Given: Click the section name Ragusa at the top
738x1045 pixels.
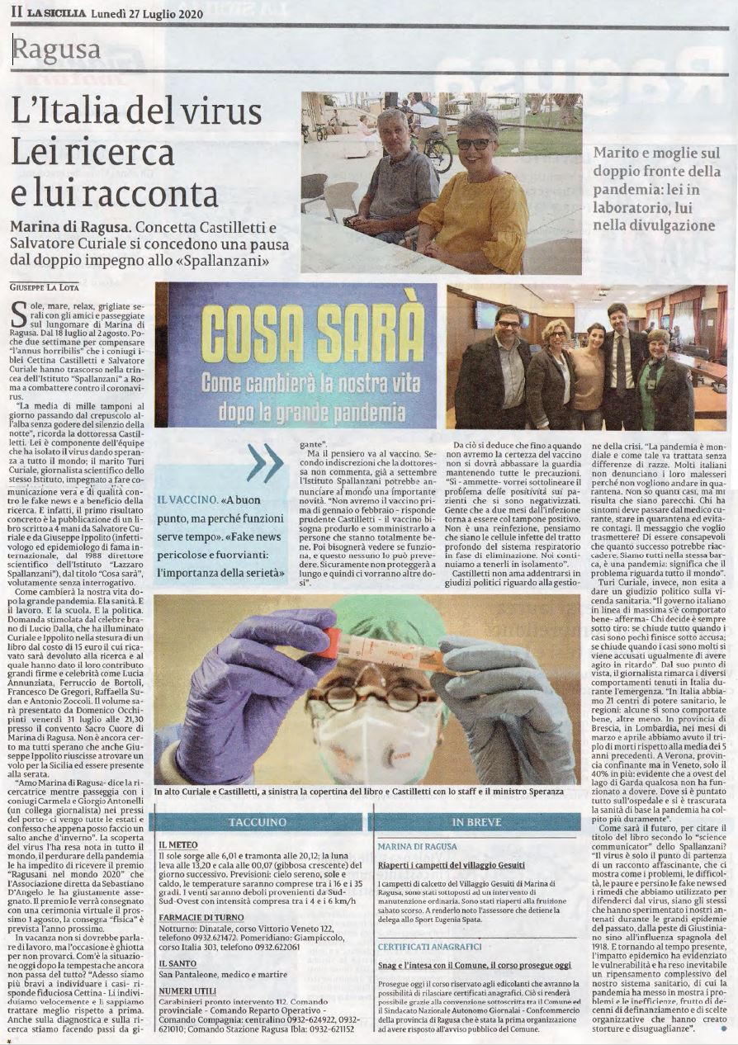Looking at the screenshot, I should click(x=57, y=50).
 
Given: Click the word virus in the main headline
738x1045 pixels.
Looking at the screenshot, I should click(x=219, y=111).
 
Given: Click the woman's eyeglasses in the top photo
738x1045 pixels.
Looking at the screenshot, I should click(x=474, y=144).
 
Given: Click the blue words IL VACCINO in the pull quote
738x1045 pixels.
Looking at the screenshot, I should click(x=187, y=500).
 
